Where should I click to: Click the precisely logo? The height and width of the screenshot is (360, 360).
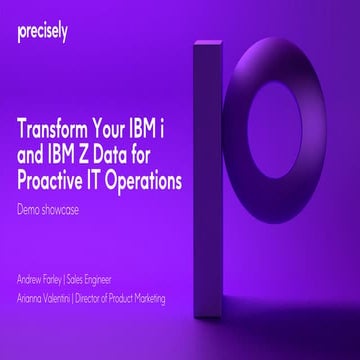coord(41,32)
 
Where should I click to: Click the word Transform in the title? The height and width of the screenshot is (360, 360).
coord(63,130)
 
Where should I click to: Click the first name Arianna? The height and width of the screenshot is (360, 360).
coord(33,298)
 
